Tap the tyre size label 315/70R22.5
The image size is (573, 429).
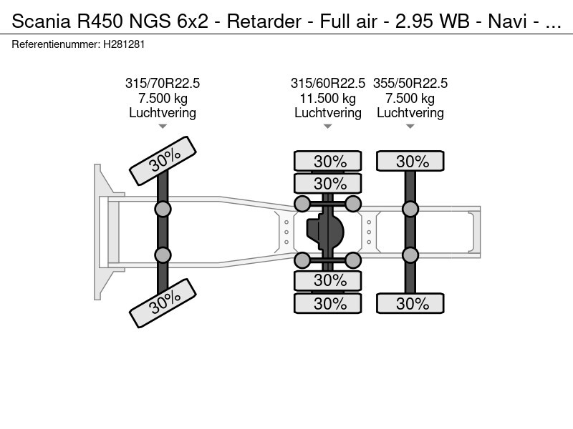point(163,84)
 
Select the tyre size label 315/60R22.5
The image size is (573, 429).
point(328,84)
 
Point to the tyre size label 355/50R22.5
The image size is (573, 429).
point(410,84)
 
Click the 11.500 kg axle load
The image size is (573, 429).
point(328,99)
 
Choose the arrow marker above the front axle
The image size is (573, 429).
point(163,127)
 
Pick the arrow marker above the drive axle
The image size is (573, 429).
point(328,127)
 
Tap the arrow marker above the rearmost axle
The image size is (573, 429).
point(410,127)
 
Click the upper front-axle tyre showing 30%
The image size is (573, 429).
point(163,161)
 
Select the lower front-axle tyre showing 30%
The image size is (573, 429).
point(163,302)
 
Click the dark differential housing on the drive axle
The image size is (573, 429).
point(326,232)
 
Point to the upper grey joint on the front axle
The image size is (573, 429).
point(163,209)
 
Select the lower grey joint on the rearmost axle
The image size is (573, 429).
point(410,255)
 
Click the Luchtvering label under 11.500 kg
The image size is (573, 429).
point(328,113)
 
